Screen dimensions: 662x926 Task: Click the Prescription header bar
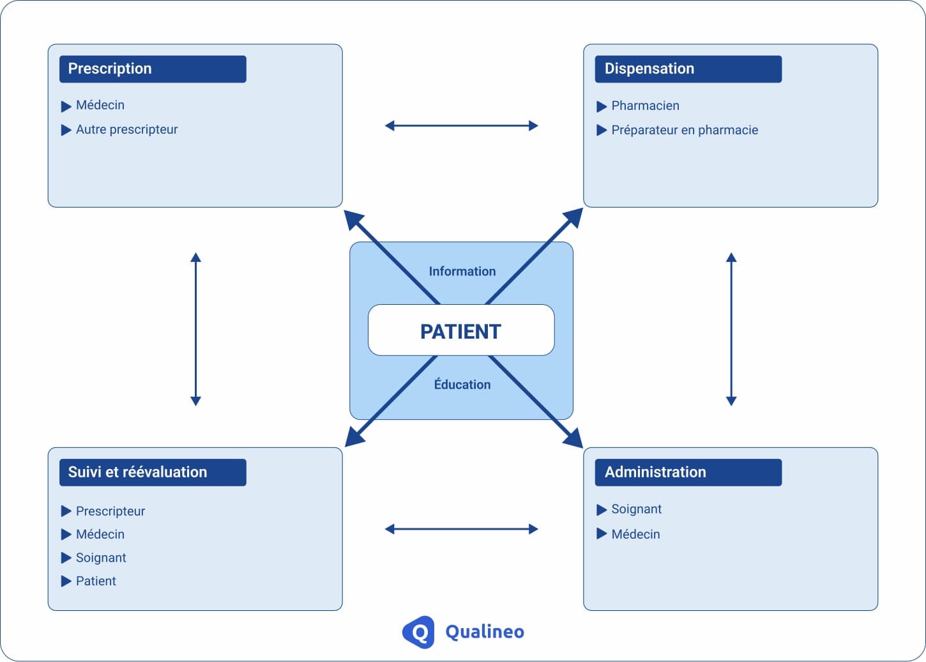[x=153, y=69]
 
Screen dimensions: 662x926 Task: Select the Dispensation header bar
[x=688, y=69]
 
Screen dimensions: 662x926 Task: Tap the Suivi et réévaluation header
[x=153, y=472]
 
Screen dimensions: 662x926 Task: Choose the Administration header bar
[x=688, y=472]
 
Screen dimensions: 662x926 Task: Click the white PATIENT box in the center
[x=460, y=330]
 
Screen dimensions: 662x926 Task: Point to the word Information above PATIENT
[x=462, y=272]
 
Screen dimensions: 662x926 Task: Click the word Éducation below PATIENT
[x=462, y=385]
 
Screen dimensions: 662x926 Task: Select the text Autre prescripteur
[x=126, y=130]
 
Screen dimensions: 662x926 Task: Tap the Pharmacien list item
[x=645, y=106]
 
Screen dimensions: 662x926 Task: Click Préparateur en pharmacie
[x=684, y=130]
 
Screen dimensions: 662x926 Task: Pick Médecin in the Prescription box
[x=100, y=105]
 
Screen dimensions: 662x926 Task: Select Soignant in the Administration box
[x=636, y=509]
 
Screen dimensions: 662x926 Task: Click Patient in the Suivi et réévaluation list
[x=96, y=581]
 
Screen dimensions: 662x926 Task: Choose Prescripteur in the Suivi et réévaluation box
[x=110, y=511]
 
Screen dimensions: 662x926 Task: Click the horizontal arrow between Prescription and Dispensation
[x=461, y=126]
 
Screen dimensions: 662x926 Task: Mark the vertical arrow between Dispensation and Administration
[x=731, y=329]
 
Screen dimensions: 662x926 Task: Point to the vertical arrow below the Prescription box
[x=196, y=329]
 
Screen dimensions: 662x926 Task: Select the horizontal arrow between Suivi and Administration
[x=461, y=529]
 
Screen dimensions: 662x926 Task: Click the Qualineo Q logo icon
[x=419, y=632]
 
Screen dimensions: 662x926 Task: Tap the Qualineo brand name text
[x=484, y=632]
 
